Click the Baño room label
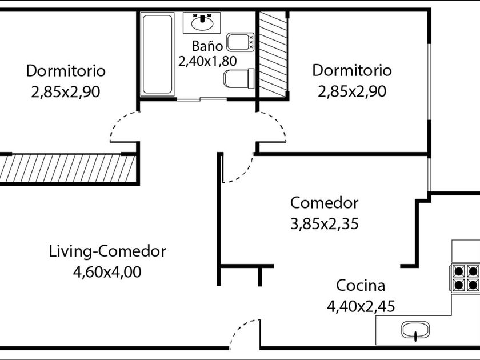207,46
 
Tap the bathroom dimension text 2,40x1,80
207,61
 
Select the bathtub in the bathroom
157,54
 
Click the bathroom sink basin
202,23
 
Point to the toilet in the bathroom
239,78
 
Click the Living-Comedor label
107,251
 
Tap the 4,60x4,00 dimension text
107,272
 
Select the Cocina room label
361,286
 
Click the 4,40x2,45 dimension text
361,306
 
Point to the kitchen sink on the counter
415,330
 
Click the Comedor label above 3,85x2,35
324,203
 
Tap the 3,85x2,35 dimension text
324,224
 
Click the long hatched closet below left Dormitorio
67,169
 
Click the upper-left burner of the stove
458,271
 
